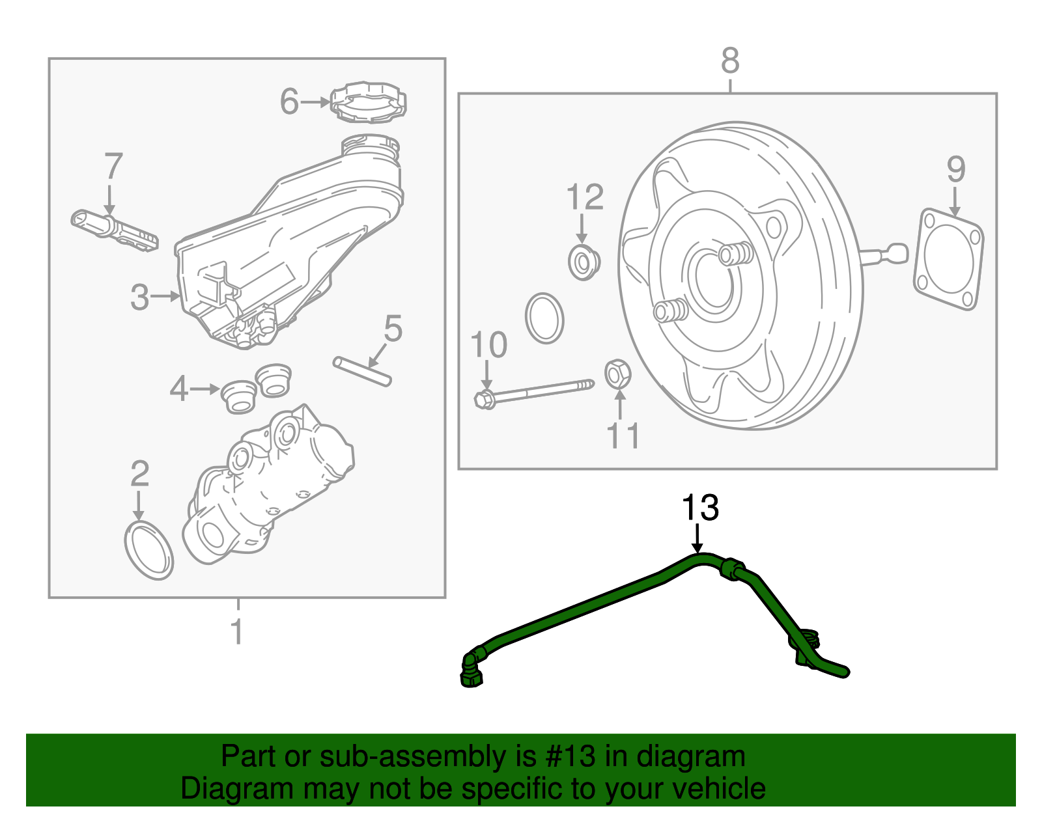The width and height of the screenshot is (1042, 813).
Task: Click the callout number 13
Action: [x=700, y=508]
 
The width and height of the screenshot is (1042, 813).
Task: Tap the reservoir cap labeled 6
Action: [x=369, y=102]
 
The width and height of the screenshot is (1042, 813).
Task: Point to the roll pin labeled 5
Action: [x=362, y=372]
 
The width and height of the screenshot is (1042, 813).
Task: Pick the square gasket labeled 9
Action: [x=948, y=259]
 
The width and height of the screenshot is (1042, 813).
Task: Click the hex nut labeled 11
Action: [x=617, y=374]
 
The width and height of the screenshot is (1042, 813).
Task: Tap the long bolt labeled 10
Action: [x=534, y=392]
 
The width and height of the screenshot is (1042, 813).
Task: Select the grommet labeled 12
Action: [x=583, y=262]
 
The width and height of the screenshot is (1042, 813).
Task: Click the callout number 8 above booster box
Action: [x=730, y=61]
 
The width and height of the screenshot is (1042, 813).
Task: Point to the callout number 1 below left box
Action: [x=238, y=631]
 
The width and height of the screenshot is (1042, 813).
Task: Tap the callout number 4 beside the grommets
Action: [x=178, y=389]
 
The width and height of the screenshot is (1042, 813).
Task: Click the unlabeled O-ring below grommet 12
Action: [x=544, y=318]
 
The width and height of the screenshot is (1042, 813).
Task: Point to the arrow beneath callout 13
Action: [x=697, y=540]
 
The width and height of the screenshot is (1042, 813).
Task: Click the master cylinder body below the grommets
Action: [x=267, y=488]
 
